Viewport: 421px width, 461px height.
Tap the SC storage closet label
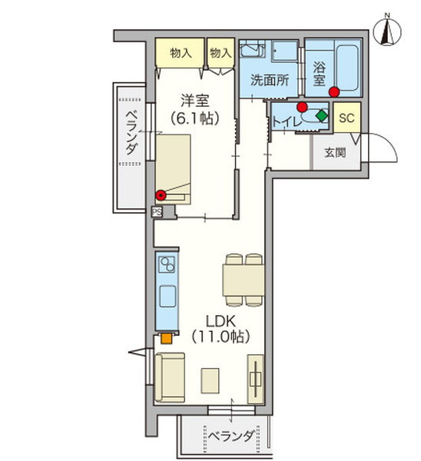(346, 118)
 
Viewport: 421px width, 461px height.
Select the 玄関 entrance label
(335, 152)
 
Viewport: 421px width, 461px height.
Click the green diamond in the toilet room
(322, 115)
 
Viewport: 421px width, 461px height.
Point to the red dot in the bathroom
(334, 92)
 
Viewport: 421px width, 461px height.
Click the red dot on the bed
(161, 195)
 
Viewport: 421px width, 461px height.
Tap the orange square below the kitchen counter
(167, 338)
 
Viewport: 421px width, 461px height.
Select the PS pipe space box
(157, 212)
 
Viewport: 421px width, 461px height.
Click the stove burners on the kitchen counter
(167, 264)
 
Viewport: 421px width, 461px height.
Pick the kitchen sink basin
(167, 297)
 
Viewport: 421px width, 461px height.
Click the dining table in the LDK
(244, 280)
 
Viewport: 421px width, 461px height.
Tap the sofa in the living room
(170, 377)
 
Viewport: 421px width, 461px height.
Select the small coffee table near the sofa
(210, 381)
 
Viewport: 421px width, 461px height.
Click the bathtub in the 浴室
(347, 68)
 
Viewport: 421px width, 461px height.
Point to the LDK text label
(220, 322)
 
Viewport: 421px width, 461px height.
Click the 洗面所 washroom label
(270, 80)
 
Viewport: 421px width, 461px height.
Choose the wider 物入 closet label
(181, 53)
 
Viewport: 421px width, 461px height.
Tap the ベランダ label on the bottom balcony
(232, 436)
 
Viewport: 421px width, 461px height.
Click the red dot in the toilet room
(302, 107)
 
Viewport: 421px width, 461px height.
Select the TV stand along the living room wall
(255, 380)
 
